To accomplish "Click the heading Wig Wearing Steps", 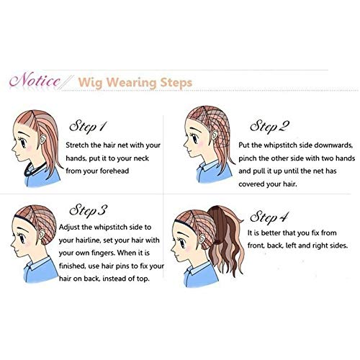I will (x=134, y=82).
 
